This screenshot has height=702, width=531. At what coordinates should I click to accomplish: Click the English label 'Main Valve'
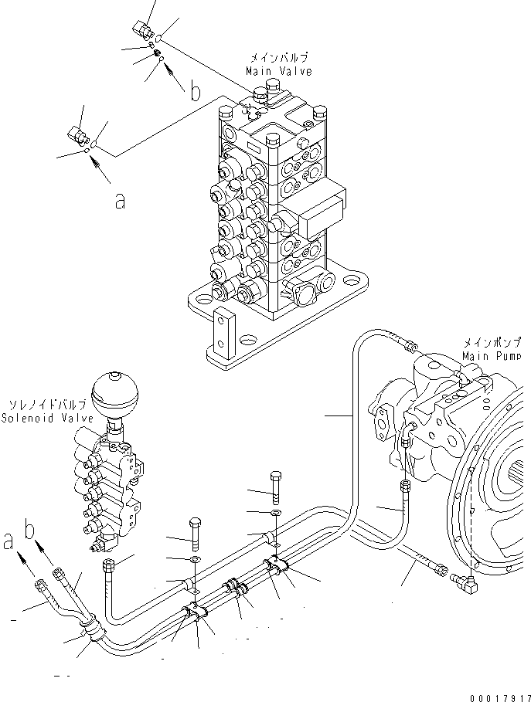click(279, 71)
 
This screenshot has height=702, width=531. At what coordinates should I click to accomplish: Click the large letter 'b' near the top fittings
click(196, 93)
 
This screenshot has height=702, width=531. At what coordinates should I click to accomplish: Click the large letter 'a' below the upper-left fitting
click(119, 200)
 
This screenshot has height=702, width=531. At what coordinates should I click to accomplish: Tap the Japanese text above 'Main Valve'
click(278, 58)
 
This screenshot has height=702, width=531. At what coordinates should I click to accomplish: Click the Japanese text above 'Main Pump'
click(492, 342)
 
